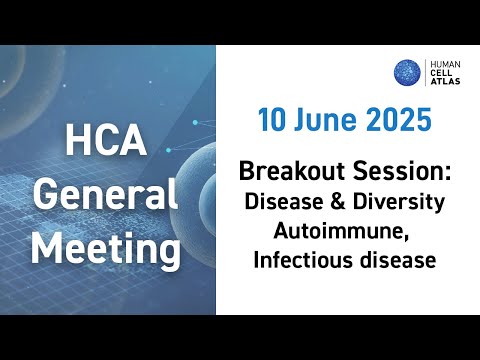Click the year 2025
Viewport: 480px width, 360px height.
(397, 122)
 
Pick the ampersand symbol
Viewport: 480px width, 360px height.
(338, 203)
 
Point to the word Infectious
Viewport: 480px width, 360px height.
(303, 262)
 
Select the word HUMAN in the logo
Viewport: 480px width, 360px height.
(447, 62)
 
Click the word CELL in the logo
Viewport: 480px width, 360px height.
(443, 73)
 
